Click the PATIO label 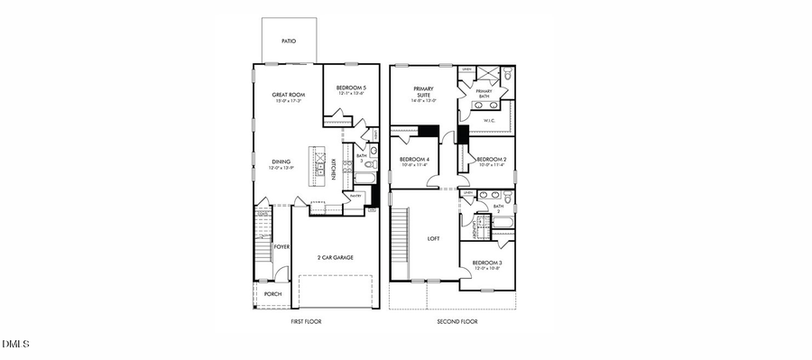coord(289,41)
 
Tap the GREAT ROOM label coord(291,95)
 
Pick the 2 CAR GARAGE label coord(335,257)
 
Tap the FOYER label coord(282,245)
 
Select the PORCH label coord(272,294)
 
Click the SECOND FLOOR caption coord(457,321)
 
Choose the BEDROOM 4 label coord(414,160)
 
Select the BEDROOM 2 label coord(492,160)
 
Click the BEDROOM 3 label coord(487,263)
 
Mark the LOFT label coord(433,239)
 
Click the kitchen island coord(318,163)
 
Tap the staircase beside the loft coord(399,242)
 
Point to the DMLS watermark coord(16,344)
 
